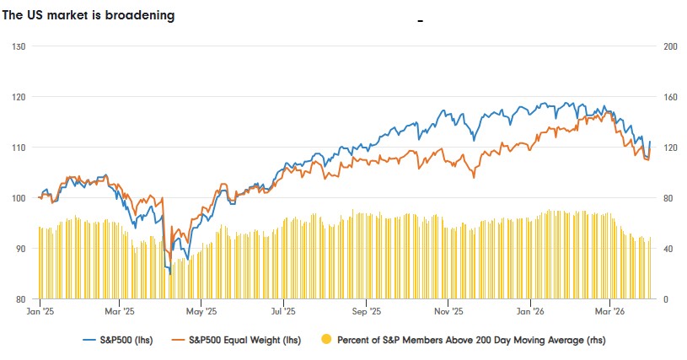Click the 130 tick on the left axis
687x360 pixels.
tap(16, 46)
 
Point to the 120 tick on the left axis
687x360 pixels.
tap(16, 96)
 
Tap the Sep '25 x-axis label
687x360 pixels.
tap(366, 311)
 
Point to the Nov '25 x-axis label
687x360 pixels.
tap(448, 311)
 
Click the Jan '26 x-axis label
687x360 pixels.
tap(530, 311)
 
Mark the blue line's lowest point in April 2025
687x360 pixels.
tap(170, 274)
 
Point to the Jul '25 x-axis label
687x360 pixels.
tap(283, 311)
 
